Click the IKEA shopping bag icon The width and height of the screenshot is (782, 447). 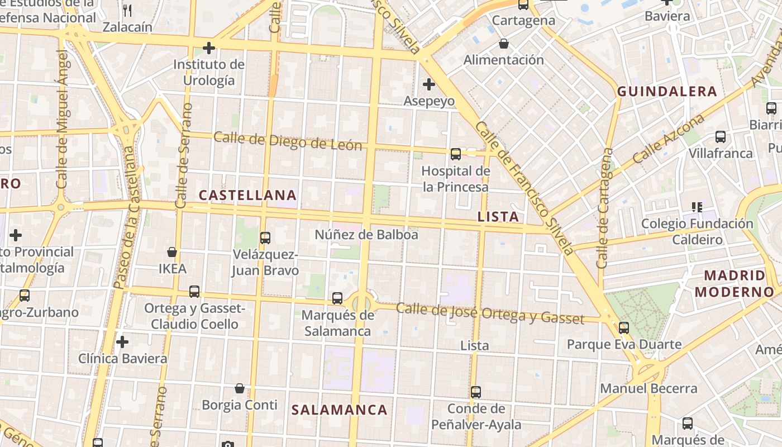coord(172,252)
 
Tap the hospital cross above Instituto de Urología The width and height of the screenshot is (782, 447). coord(209,48)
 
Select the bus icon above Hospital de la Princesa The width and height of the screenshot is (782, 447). coord(456,154)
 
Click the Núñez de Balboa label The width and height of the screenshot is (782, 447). coord(366,235)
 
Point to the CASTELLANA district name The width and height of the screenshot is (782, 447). coord(247,195)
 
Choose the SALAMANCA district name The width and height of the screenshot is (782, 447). coord(339,410)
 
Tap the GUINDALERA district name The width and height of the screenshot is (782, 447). coord(667,92)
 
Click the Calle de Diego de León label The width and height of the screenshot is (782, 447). coord(288,141)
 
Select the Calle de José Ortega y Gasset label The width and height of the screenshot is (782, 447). coord(490,313)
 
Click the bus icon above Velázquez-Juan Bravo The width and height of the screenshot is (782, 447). coord(265,237)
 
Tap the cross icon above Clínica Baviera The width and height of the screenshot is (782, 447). coord(122,341)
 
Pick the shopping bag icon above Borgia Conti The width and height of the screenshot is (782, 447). coord(240,388)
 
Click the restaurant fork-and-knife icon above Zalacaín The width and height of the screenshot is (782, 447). coord(127,10)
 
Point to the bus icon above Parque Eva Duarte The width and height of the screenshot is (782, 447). coord(624,327)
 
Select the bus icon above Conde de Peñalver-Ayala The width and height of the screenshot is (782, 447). coord(476,392)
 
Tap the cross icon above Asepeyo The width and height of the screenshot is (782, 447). coord(429,84)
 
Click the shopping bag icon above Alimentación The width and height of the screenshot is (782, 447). coord(504,43)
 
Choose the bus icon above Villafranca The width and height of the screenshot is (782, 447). coord(721,136)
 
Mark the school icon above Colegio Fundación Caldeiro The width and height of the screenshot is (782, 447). coord(697,207)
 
